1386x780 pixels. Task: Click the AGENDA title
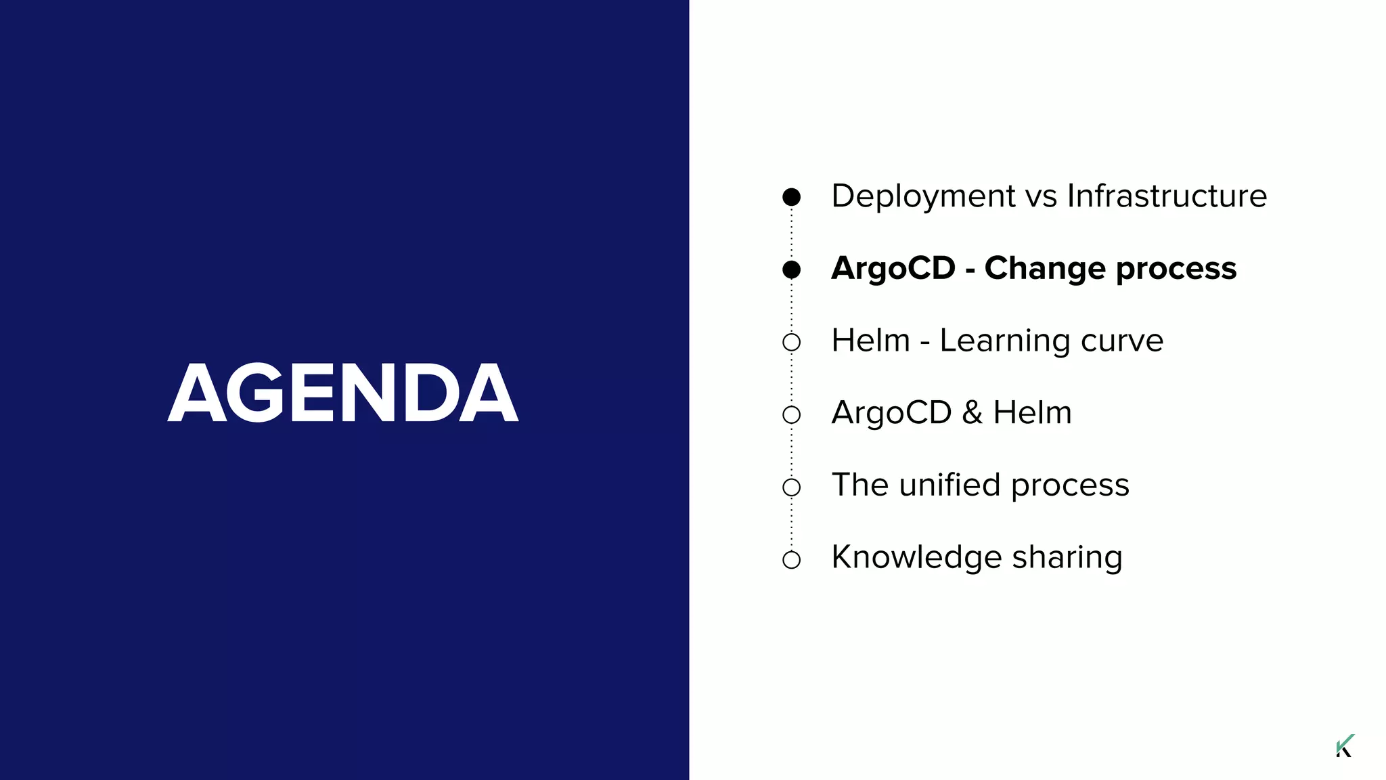pyautogui.click(x=342, y=393)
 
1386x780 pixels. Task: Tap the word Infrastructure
pyautogui.click(x=1167, y=196)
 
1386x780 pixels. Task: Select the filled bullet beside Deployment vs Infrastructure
pyautogui.click(x=791, y=197)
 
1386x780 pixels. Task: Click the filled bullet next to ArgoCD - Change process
pyautogui.click(x=791, y=269)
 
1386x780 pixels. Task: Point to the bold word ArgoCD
pyautogui.click(x=893, y=268)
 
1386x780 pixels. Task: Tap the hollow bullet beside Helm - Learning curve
pyautogui.click(x=791, y=342)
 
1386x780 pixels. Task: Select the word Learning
pyautogui.click(x=1004, y=341)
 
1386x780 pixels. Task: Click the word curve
pyautogui.click(x=1122, y=341)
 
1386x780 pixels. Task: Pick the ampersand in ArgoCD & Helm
pyautogui.click(x=972, y=413)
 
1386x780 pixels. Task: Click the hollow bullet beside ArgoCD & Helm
pyautogui.click(x=791, y=414)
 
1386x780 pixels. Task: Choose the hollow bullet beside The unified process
pyautogui.click(x=791, y=487)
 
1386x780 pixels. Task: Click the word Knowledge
pyautogui.click(x=916, y=558)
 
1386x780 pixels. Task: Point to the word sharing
pyautogui.click(x=1067, y=558)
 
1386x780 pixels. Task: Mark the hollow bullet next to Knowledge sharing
pyautogui.click(x=791, y=560)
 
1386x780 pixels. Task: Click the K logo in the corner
pyautogui.click(x=1345, y=745)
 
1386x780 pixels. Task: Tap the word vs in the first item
pyautogui.click(x=1041, y=196)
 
